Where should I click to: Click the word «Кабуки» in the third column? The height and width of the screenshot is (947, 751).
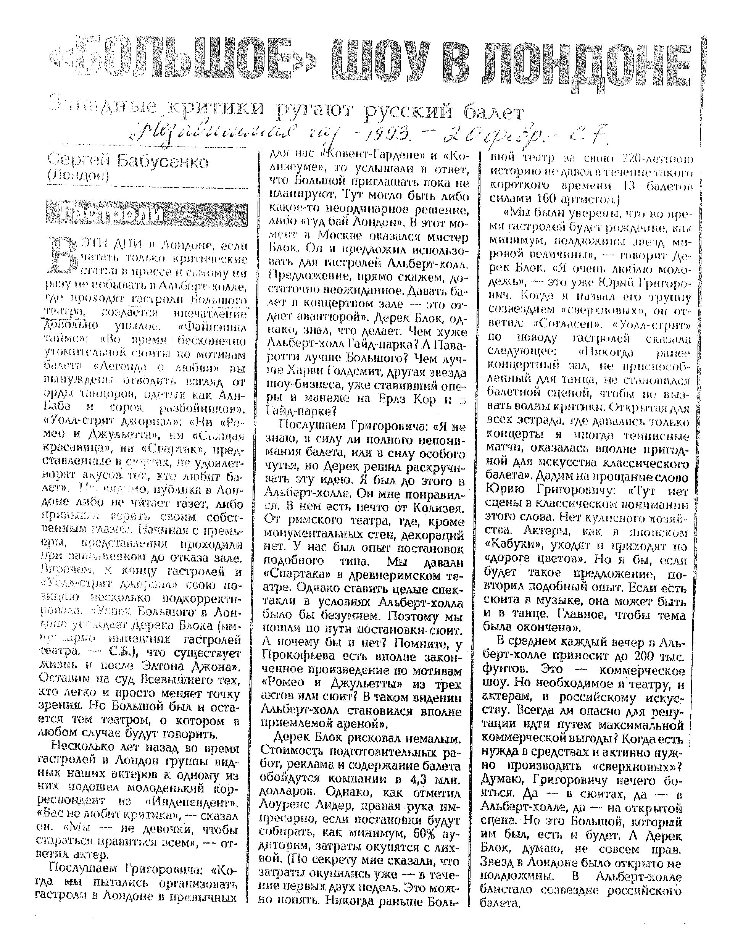tap(512, 547)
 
